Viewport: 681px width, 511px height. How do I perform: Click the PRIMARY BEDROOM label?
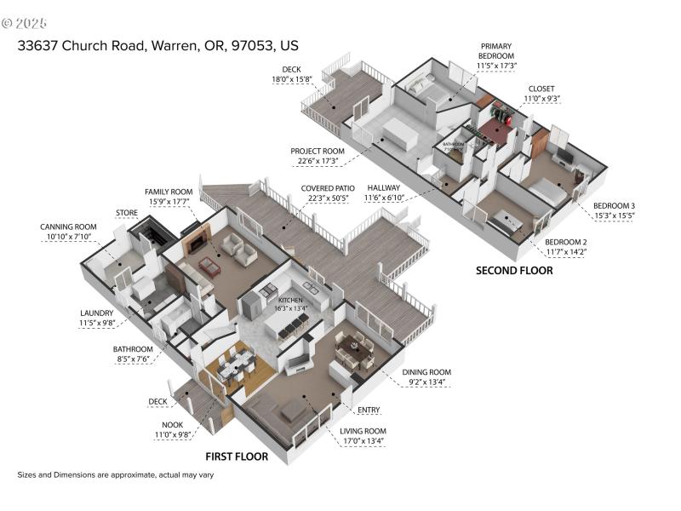497,50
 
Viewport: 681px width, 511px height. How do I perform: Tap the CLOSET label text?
541,88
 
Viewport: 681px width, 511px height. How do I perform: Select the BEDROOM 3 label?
614,206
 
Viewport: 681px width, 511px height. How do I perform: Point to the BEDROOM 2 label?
564,241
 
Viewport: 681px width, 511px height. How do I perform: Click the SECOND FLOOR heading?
513,271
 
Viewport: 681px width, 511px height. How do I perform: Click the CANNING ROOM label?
68,227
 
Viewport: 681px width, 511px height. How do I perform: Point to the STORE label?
127,212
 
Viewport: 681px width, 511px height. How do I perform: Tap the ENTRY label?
369,411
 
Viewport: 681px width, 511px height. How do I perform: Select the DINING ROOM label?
428,372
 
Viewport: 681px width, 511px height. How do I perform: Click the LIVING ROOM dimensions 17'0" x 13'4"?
363,441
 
